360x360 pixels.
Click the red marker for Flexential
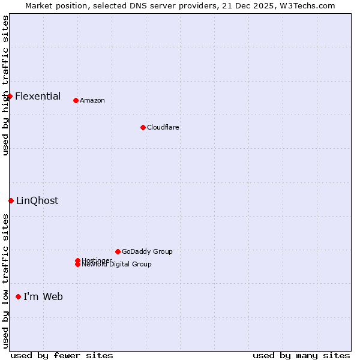coord(10,96)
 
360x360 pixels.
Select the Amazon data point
coord(76,100)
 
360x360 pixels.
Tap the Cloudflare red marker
coord(143,127)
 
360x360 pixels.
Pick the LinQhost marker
coord(11,200)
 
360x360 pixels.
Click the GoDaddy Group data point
coord(118,251)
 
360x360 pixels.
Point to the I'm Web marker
coord(18,296)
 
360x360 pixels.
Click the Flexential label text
coord(38,96)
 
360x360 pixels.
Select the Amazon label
coord(92,100)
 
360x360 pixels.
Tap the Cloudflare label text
coord(163,127)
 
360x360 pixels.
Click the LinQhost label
coord(37,200)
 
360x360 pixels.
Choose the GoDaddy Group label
coord(147,251)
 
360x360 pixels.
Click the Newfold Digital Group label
coord(117,265)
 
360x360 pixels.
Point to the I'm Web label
coord(43,296)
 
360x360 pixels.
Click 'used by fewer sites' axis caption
coord(62,355)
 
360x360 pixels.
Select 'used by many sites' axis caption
coord(301,355)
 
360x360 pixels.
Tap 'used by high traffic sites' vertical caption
coord(5,85)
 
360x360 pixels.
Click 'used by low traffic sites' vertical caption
coord(5,281)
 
